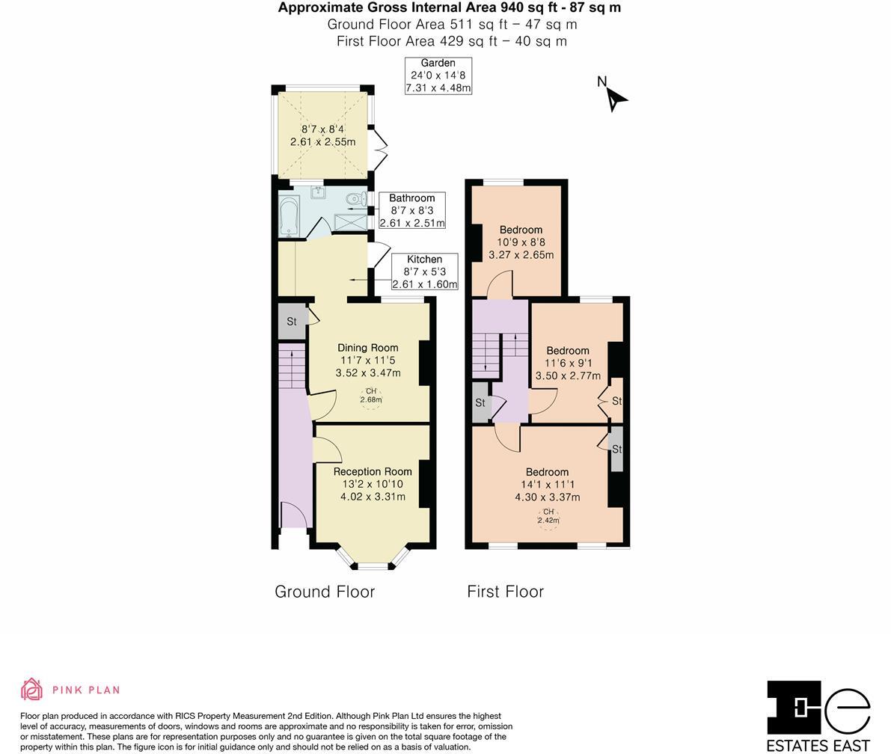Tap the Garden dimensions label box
coord(438,76)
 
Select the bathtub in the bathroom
coord(288,215)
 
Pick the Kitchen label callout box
coord(424,272)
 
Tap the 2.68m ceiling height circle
coord(370,396)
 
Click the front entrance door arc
coord(293,515)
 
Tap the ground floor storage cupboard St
coord(292,322)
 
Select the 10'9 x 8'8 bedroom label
coord(521,242)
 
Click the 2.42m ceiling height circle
coord(548,518)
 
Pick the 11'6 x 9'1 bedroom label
coord(567,363)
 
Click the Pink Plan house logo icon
coord(31,689)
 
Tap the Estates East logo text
coord(818,745)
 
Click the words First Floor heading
coord(505,592)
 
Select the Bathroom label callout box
coord(411,210)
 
